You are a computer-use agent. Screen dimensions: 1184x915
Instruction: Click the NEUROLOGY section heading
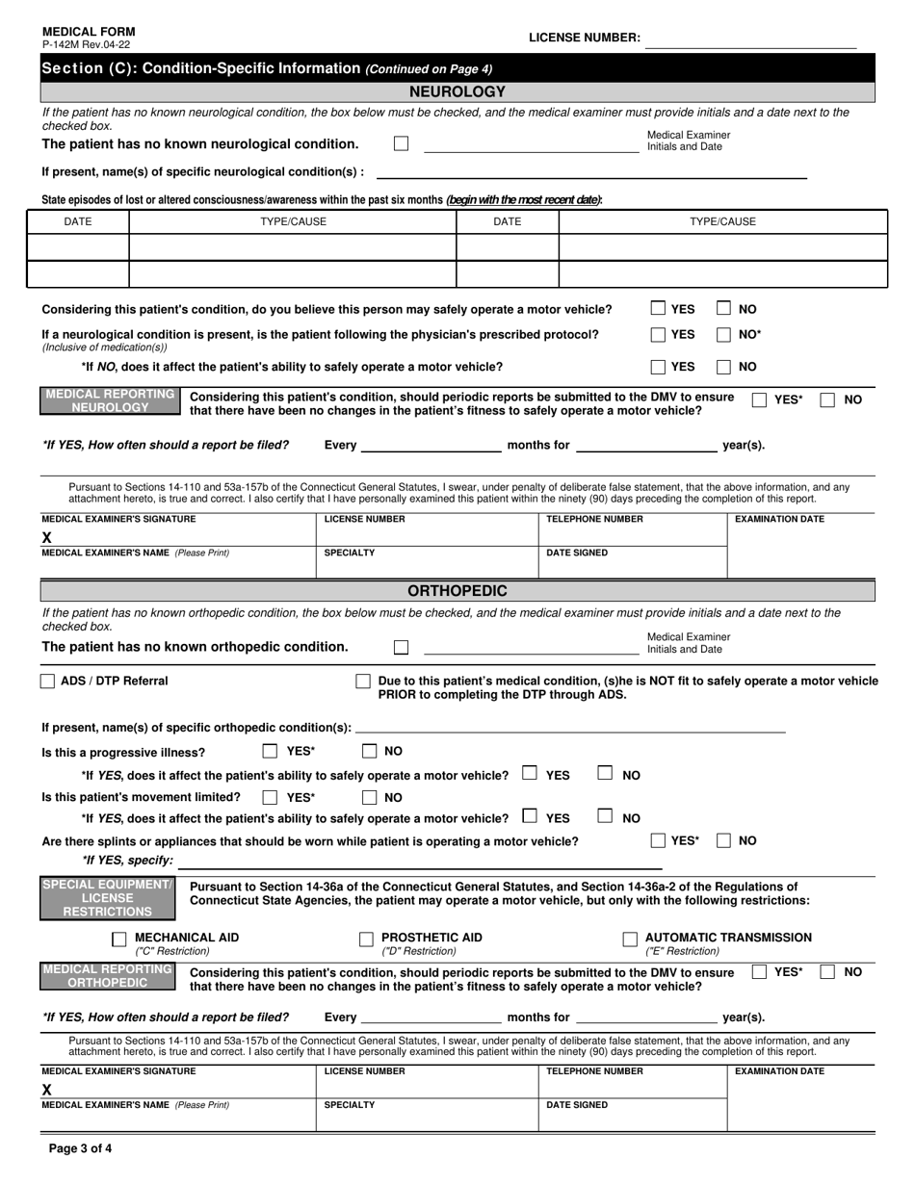click(x=457, y=92)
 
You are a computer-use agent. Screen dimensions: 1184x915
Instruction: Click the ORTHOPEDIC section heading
click(x=457, y=591)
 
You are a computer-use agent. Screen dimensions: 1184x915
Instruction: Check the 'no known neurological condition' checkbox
click(x=402, y=143)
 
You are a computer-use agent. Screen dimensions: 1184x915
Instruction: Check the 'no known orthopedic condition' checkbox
click(x=402, y=647)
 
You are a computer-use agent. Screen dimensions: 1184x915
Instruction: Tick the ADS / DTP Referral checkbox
click(x=48, y=682)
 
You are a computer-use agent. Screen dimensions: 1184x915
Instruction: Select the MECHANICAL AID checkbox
click(x=119, y=939)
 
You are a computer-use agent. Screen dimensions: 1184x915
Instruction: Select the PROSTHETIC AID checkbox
click(x=366, y=939)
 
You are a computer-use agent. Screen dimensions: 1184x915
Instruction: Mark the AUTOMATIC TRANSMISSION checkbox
click(x=630, y=939)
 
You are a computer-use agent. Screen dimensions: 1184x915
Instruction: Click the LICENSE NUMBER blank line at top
click(x=751, y=39)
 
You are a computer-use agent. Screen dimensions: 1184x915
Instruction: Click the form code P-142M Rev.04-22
click(x=86, y=44)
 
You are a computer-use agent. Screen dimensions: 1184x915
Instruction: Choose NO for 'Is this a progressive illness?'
click(x=370, y=752)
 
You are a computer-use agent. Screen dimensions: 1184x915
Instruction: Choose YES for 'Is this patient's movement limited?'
click(x=271, y=797)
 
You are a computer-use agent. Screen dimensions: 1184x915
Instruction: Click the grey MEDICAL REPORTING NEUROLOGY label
click(x=110, y=401)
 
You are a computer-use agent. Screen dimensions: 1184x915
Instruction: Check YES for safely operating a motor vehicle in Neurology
click(x=658, y=309)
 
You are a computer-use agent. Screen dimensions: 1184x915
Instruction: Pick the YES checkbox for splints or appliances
click(x=658, y=840)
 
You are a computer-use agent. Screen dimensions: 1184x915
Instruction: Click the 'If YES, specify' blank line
click(x=482, y=862)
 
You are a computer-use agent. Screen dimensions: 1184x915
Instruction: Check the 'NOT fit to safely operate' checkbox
click(x=363, y=682)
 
